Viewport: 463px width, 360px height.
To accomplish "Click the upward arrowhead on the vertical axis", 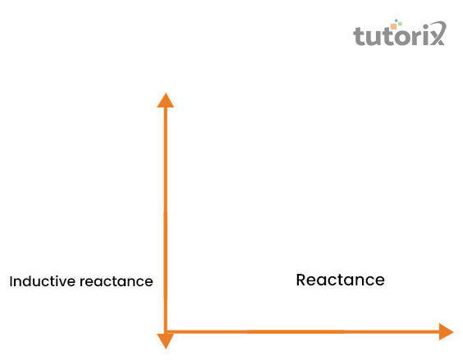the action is [165, 100].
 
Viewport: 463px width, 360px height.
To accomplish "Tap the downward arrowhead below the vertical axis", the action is [166, 341].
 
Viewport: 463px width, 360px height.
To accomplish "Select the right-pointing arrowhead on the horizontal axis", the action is [446, 331].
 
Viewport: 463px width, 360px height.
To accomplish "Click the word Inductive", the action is [42, 281].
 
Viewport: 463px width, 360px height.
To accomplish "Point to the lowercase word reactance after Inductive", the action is [117, 281].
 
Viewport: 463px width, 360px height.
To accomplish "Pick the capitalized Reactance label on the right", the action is [340, 280].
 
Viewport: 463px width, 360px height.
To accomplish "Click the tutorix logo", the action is [400, 33].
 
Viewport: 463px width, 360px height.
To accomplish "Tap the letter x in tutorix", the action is [438, 34].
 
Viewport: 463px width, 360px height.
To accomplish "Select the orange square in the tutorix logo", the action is [393, 26].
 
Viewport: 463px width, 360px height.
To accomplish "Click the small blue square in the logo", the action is [397, 21].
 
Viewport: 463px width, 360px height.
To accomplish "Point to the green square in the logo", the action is [400, 24].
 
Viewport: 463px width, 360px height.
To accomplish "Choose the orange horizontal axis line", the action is [303, 331].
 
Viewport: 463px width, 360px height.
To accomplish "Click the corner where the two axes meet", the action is [166, 331].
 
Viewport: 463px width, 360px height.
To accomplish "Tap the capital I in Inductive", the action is [11, 281].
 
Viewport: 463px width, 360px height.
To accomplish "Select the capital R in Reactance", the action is [301, 280].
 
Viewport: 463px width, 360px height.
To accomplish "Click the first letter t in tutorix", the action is [360, 36].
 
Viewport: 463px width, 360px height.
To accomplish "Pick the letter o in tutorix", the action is [400, 37].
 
